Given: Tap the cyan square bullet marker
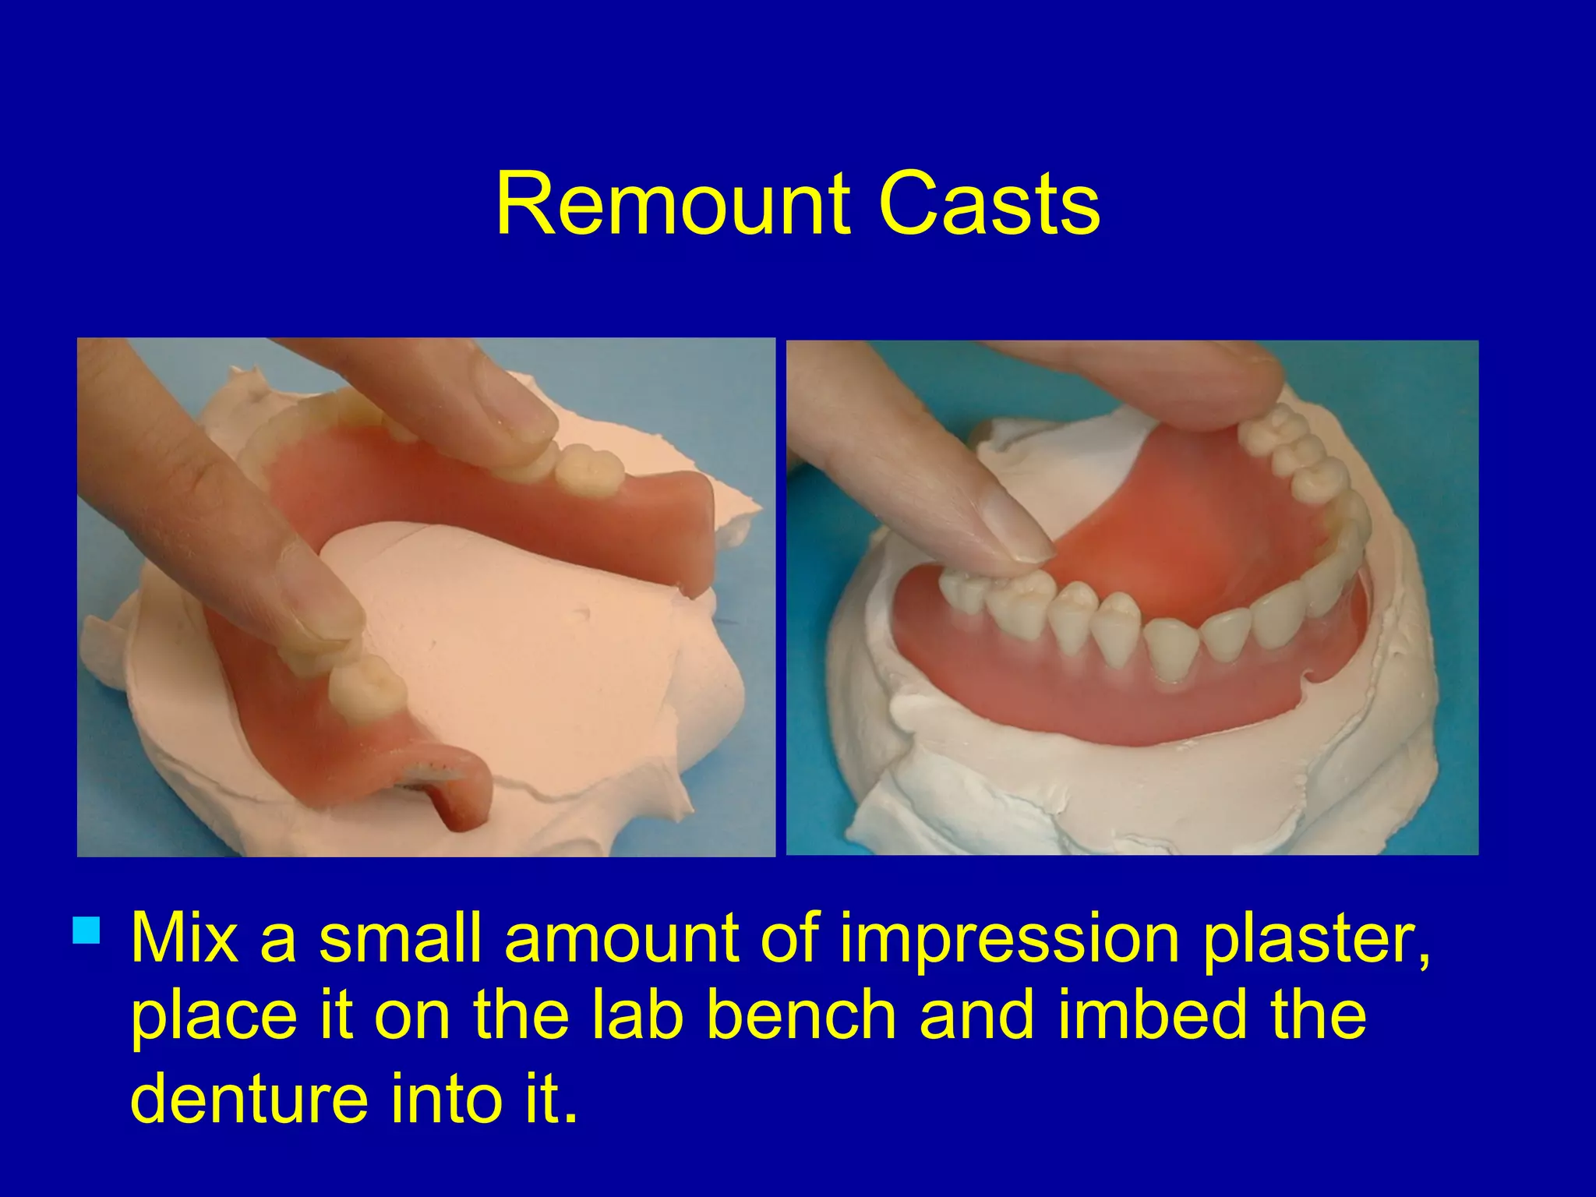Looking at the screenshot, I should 87,930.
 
